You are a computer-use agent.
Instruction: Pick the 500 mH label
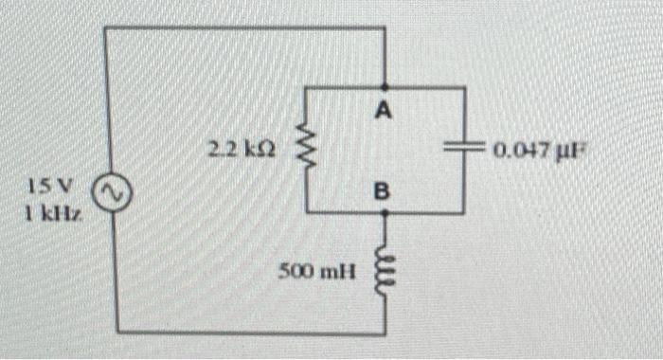pyautogui.click(x=316, y=273)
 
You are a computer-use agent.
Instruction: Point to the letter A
pyautogui.click(x=383, y=111)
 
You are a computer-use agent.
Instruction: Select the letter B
pyautogui.click(x=382, y=192)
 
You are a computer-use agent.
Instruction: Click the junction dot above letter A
pyautogui.click(x=384, y=87)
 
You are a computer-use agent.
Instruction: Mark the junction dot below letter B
pyautogui.click(x=384, y=213)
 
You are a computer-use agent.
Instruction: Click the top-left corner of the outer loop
pyautogui.click(x=105, y=27)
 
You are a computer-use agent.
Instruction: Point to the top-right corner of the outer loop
pyautogui.click(x=384, y=27)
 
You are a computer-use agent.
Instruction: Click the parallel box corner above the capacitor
pyautogui.click(x=464, y=87)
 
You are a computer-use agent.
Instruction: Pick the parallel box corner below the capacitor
pyautogui.click(x=464, y=213)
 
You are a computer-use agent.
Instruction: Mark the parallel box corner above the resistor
pyautogui.click(x=305, y=87)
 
